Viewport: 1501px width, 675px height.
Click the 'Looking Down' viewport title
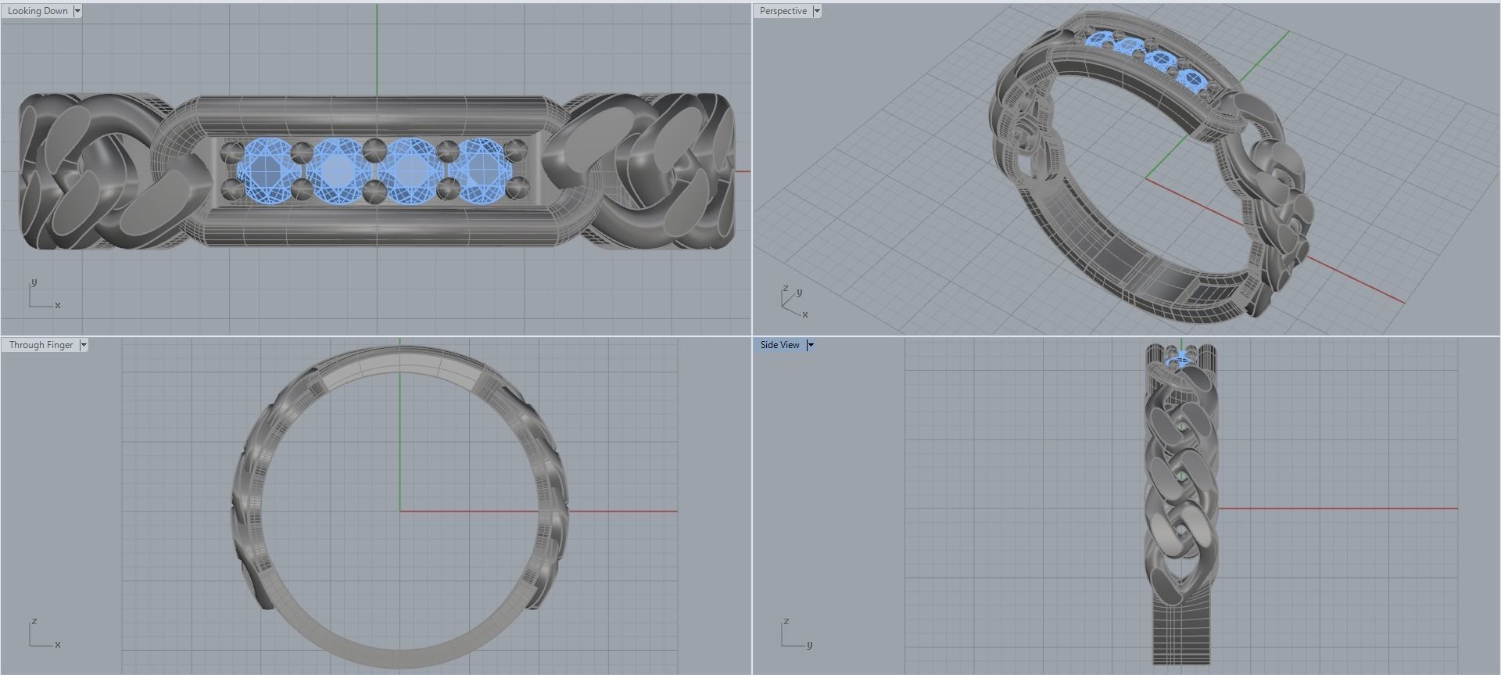(x=38, y=11)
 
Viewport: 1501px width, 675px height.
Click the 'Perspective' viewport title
(x=783, y=11)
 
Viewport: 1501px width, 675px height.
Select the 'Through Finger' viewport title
(x=41, y=345)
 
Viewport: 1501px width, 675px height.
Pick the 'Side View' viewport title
(x=779, y=345)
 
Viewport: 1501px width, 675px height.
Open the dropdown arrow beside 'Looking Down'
(x=77, y=11)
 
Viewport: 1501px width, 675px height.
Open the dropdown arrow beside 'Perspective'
(x=817, y=11)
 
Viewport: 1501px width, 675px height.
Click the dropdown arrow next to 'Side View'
(x=811, y=345)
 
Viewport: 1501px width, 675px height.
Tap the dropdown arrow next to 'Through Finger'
(x=84, y=345)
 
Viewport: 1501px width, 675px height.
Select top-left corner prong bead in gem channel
(x=232, y=152)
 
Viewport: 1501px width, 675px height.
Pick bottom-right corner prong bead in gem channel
(x=517, y=187)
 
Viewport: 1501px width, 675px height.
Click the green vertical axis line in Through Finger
(x=400, y=438)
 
